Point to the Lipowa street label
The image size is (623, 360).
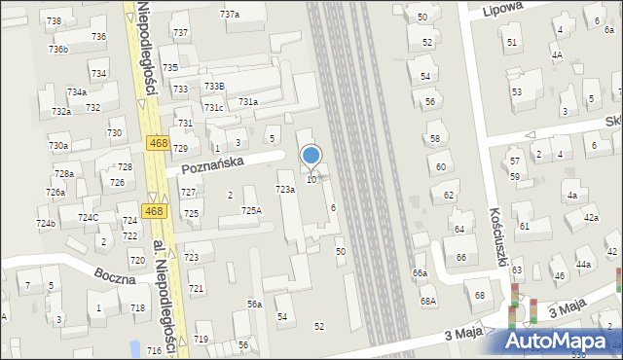pyautogui.click(x=503, y=8)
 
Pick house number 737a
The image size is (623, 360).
pyautogui.click(x=230, y=15)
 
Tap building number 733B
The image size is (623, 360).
pyautogui.click(x=213, y=87)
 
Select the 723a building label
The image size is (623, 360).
pyautogui.click(x=285, y=189)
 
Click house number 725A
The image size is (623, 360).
pyautogui.click(x=251, y=210)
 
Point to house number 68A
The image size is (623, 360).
pyautogui.click(x=428, y=302)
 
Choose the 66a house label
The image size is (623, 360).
pyautogui.click(x=420, y=273)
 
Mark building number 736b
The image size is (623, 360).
pyautogui.click(x=58, y=49)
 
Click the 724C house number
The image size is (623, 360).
pyautogui.click(x=89, y=217)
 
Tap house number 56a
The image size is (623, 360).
pyautogui.click(x=254, y=305)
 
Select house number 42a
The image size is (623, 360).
pyautogui.click(x=591, y=218)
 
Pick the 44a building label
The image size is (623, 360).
pyautogui.click(x=583, y=265)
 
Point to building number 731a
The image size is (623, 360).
pyautogui.click(x=248, y=102)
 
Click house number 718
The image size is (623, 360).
pyautogui.click(x=138, y=307)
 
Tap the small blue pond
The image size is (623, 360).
pyautogui.click(x=133, y=347)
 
